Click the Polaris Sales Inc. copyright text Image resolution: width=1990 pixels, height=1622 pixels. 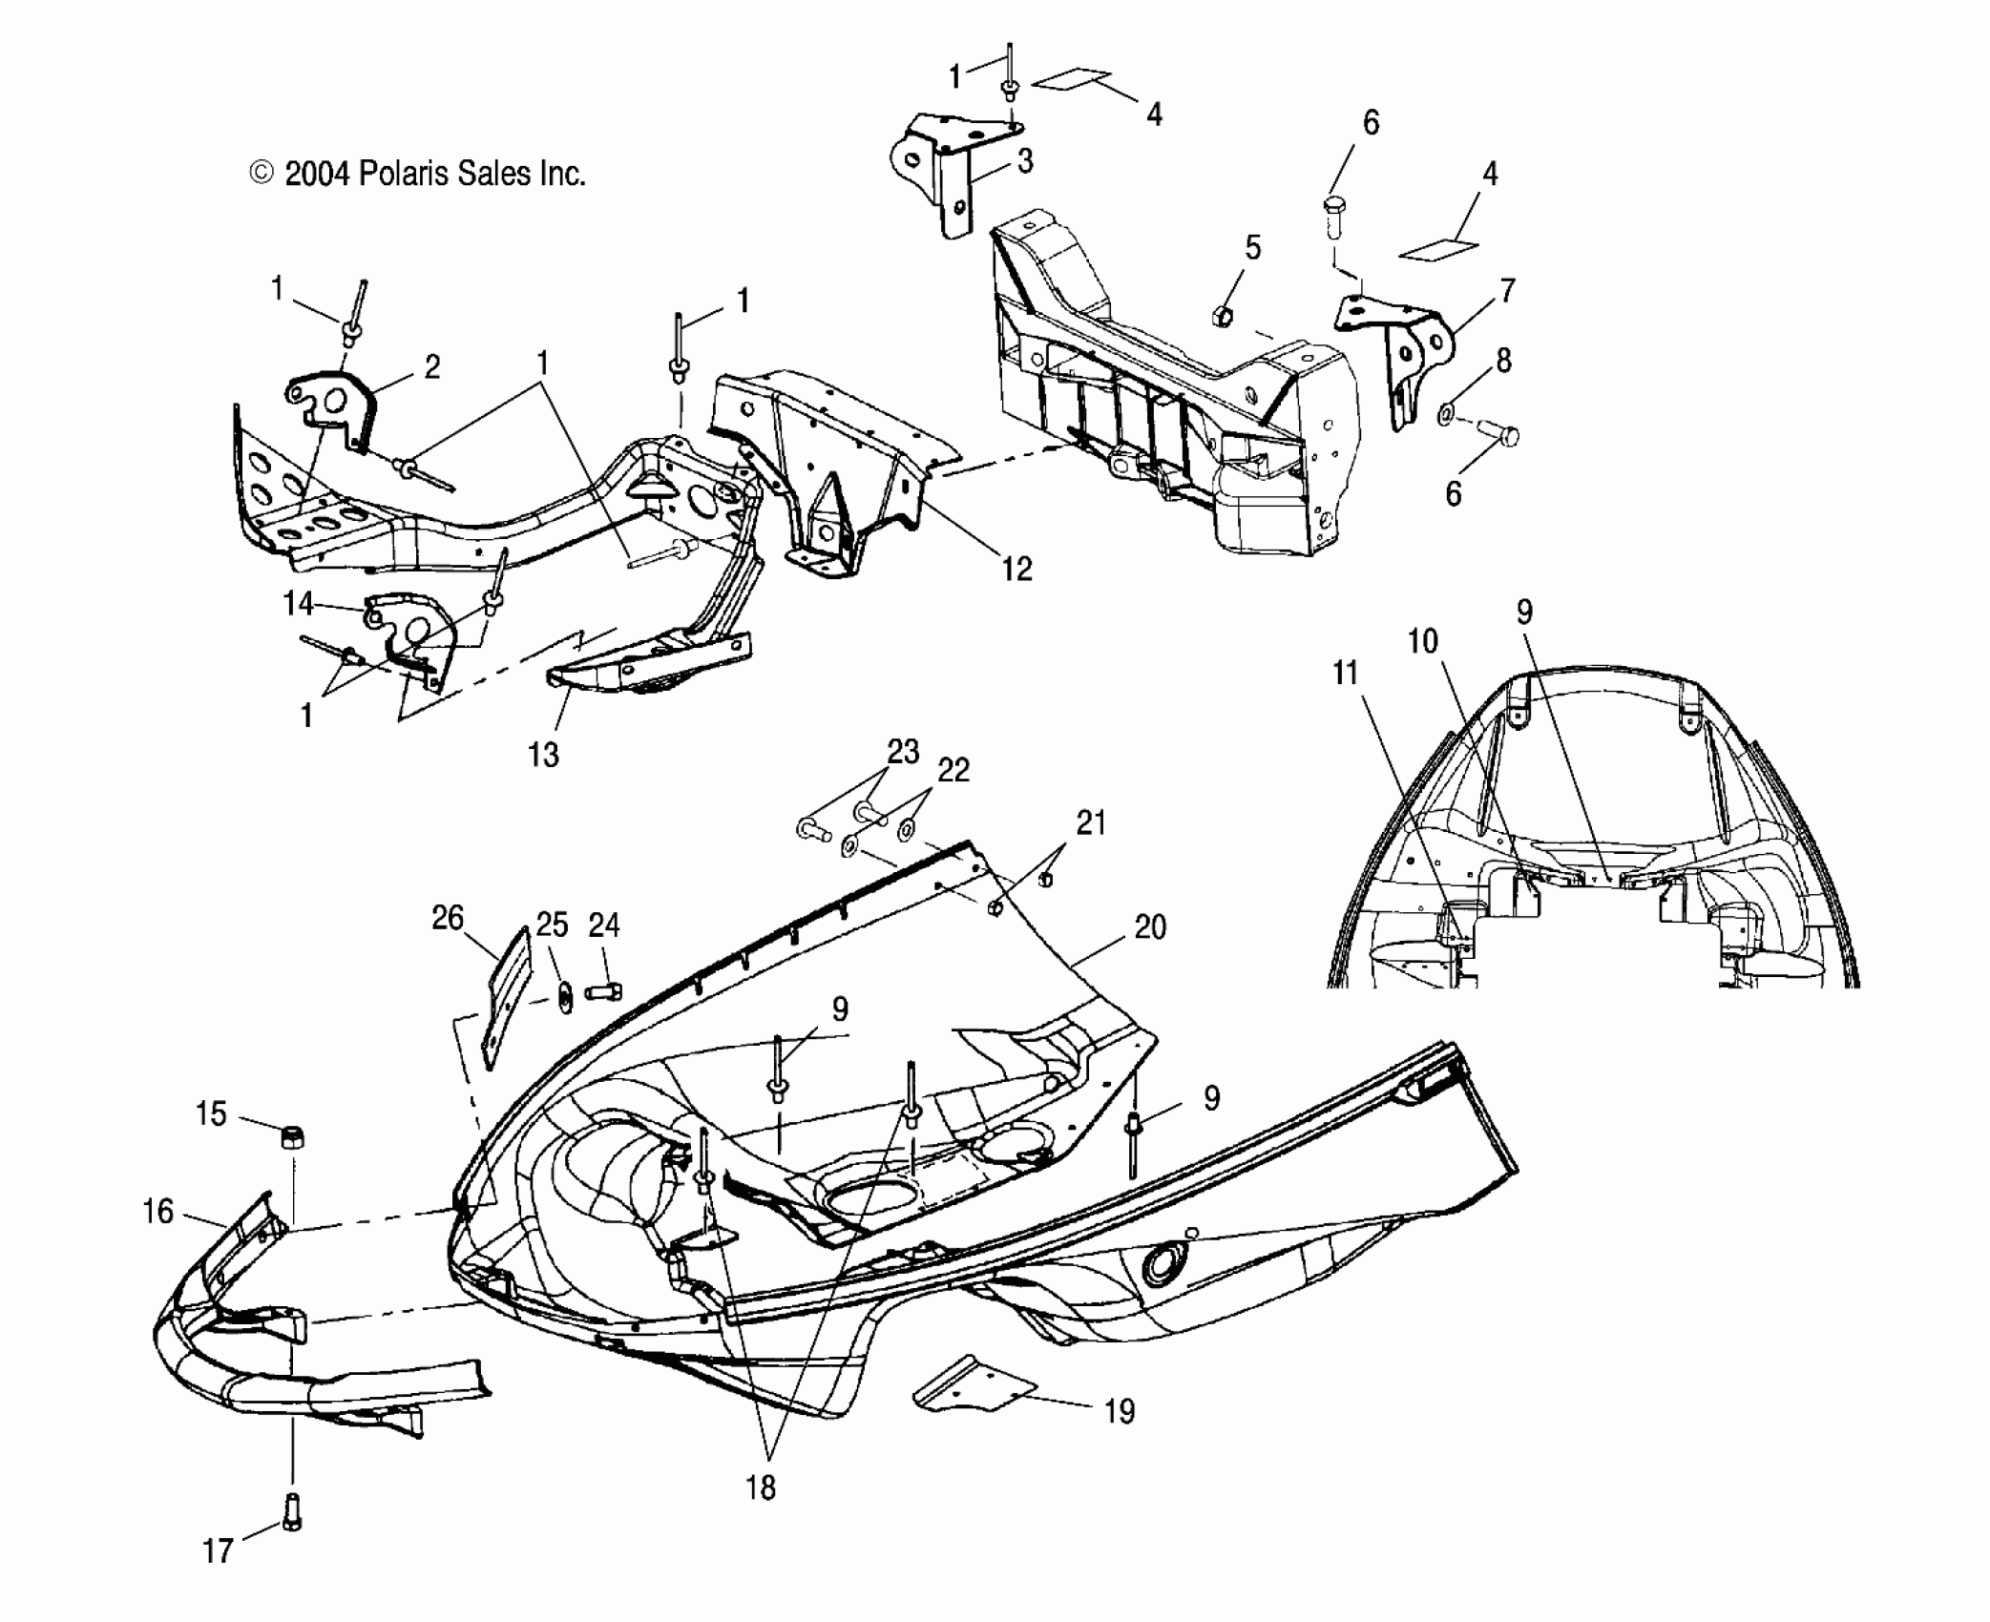pyautogui.click(x=417, y=174)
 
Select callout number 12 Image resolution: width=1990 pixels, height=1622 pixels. pyautogui.click(x=1017, y=569)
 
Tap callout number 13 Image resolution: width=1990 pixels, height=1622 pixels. pyautogui.click(x=543, y=755)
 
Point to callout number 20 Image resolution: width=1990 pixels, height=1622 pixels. pyautogui.click(x=1151, y=926)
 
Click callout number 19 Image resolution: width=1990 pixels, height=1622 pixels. pyautogui.click(x=1120, y=1410)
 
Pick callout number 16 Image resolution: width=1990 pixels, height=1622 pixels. pyautogui.click(x=157, y=1212)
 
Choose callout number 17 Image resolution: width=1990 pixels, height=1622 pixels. pyautogui.click(x=218, y=1551)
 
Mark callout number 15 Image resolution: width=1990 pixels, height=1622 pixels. pyautogui.click(x=211, y=1113)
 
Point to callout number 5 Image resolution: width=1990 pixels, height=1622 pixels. pyautogui.click(x=1252, y=248)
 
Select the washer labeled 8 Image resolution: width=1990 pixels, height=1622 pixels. pyautogui.click(x=1446, y=414)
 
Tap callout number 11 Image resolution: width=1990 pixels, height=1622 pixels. pyautogui.click(x=1345, y=674)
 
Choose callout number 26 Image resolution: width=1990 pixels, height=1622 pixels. pyautogui.click(x=448, y=919)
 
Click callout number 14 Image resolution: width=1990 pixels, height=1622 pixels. pyautogui.click(x=298, y=603)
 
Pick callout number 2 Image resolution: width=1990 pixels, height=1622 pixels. pyautogui.click(x=431, y=367)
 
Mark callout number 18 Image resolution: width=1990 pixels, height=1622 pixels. pyautogui.click(x=761, y=1487)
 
